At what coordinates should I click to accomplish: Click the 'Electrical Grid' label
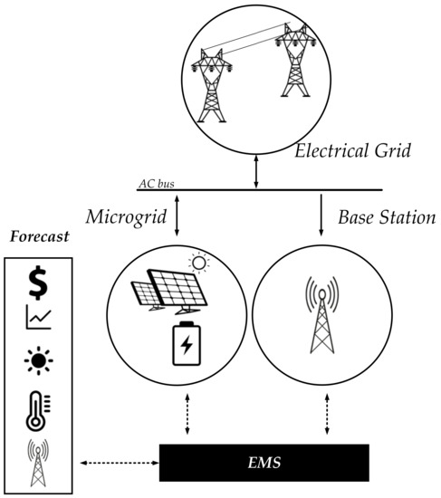tap(353, 150)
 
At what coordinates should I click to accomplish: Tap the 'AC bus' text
tap(155, 184)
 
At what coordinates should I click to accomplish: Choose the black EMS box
tap(264, 462)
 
